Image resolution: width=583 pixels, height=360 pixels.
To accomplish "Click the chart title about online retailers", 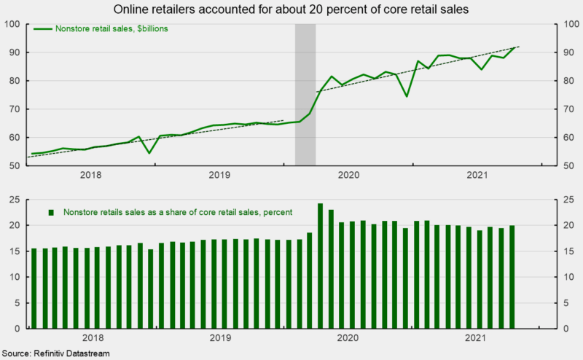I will click(291, 9).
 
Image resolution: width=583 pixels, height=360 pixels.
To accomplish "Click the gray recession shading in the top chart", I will click(305, 95).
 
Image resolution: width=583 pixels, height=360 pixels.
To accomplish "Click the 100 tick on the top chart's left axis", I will click(13, 24).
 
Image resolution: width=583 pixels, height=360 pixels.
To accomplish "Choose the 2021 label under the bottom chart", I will click(477, 337).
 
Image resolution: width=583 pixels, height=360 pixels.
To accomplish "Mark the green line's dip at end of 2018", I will click(149, 152).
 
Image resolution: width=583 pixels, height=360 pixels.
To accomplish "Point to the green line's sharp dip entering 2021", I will click(407, 96).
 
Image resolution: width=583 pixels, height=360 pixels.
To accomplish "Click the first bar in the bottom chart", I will click(34, 288).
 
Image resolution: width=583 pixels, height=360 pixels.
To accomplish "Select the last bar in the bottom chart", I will click(513, 277).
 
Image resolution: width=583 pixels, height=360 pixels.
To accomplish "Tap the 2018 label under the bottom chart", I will click(92, 337).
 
